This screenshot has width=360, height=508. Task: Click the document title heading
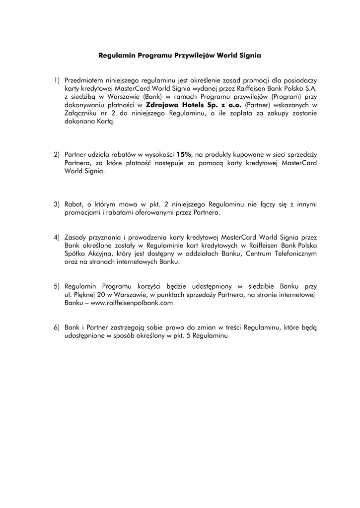pos(179,57)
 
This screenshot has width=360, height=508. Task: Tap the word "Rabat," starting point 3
pos(74,204)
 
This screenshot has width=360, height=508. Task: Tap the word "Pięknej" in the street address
pos(85,295)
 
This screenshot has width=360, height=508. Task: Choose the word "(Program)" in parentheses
pos(285,97)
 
